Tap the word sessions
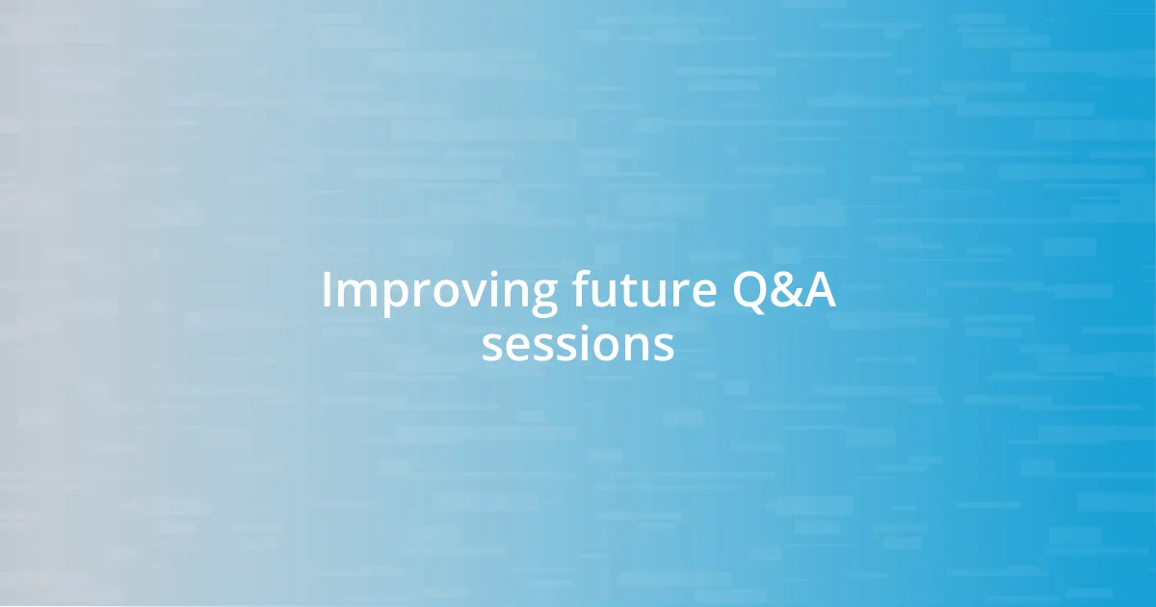(578, 346)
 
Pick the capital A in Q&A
(820, 291)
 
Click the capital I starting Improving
(328, 291)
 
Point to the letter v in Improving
(469, 295)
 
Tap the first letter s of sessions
(491, 348)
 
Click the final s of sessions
(664, 348)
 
